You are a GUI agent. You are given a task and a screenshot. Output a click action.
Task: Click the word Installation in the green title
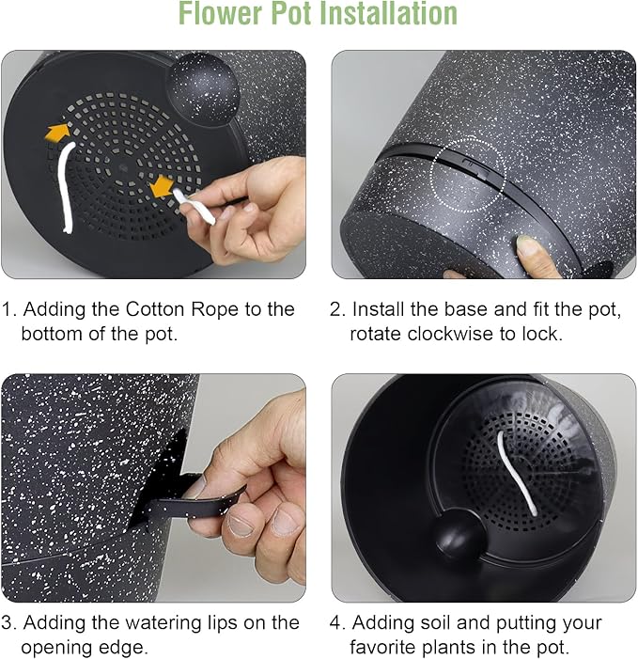[388, 13]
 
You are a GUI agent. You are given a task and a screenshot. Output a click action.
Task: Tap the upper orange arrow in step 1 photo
[58, 132]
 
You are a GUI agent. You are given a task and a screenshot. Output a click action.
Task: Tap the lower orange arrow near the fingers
[162, 187]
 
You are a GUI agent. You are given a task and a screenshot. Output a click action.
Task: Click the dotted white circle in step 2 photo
[468, 175]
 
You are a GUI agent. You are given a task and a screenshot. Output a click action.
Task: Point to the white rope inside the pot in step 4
[516, 473]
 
